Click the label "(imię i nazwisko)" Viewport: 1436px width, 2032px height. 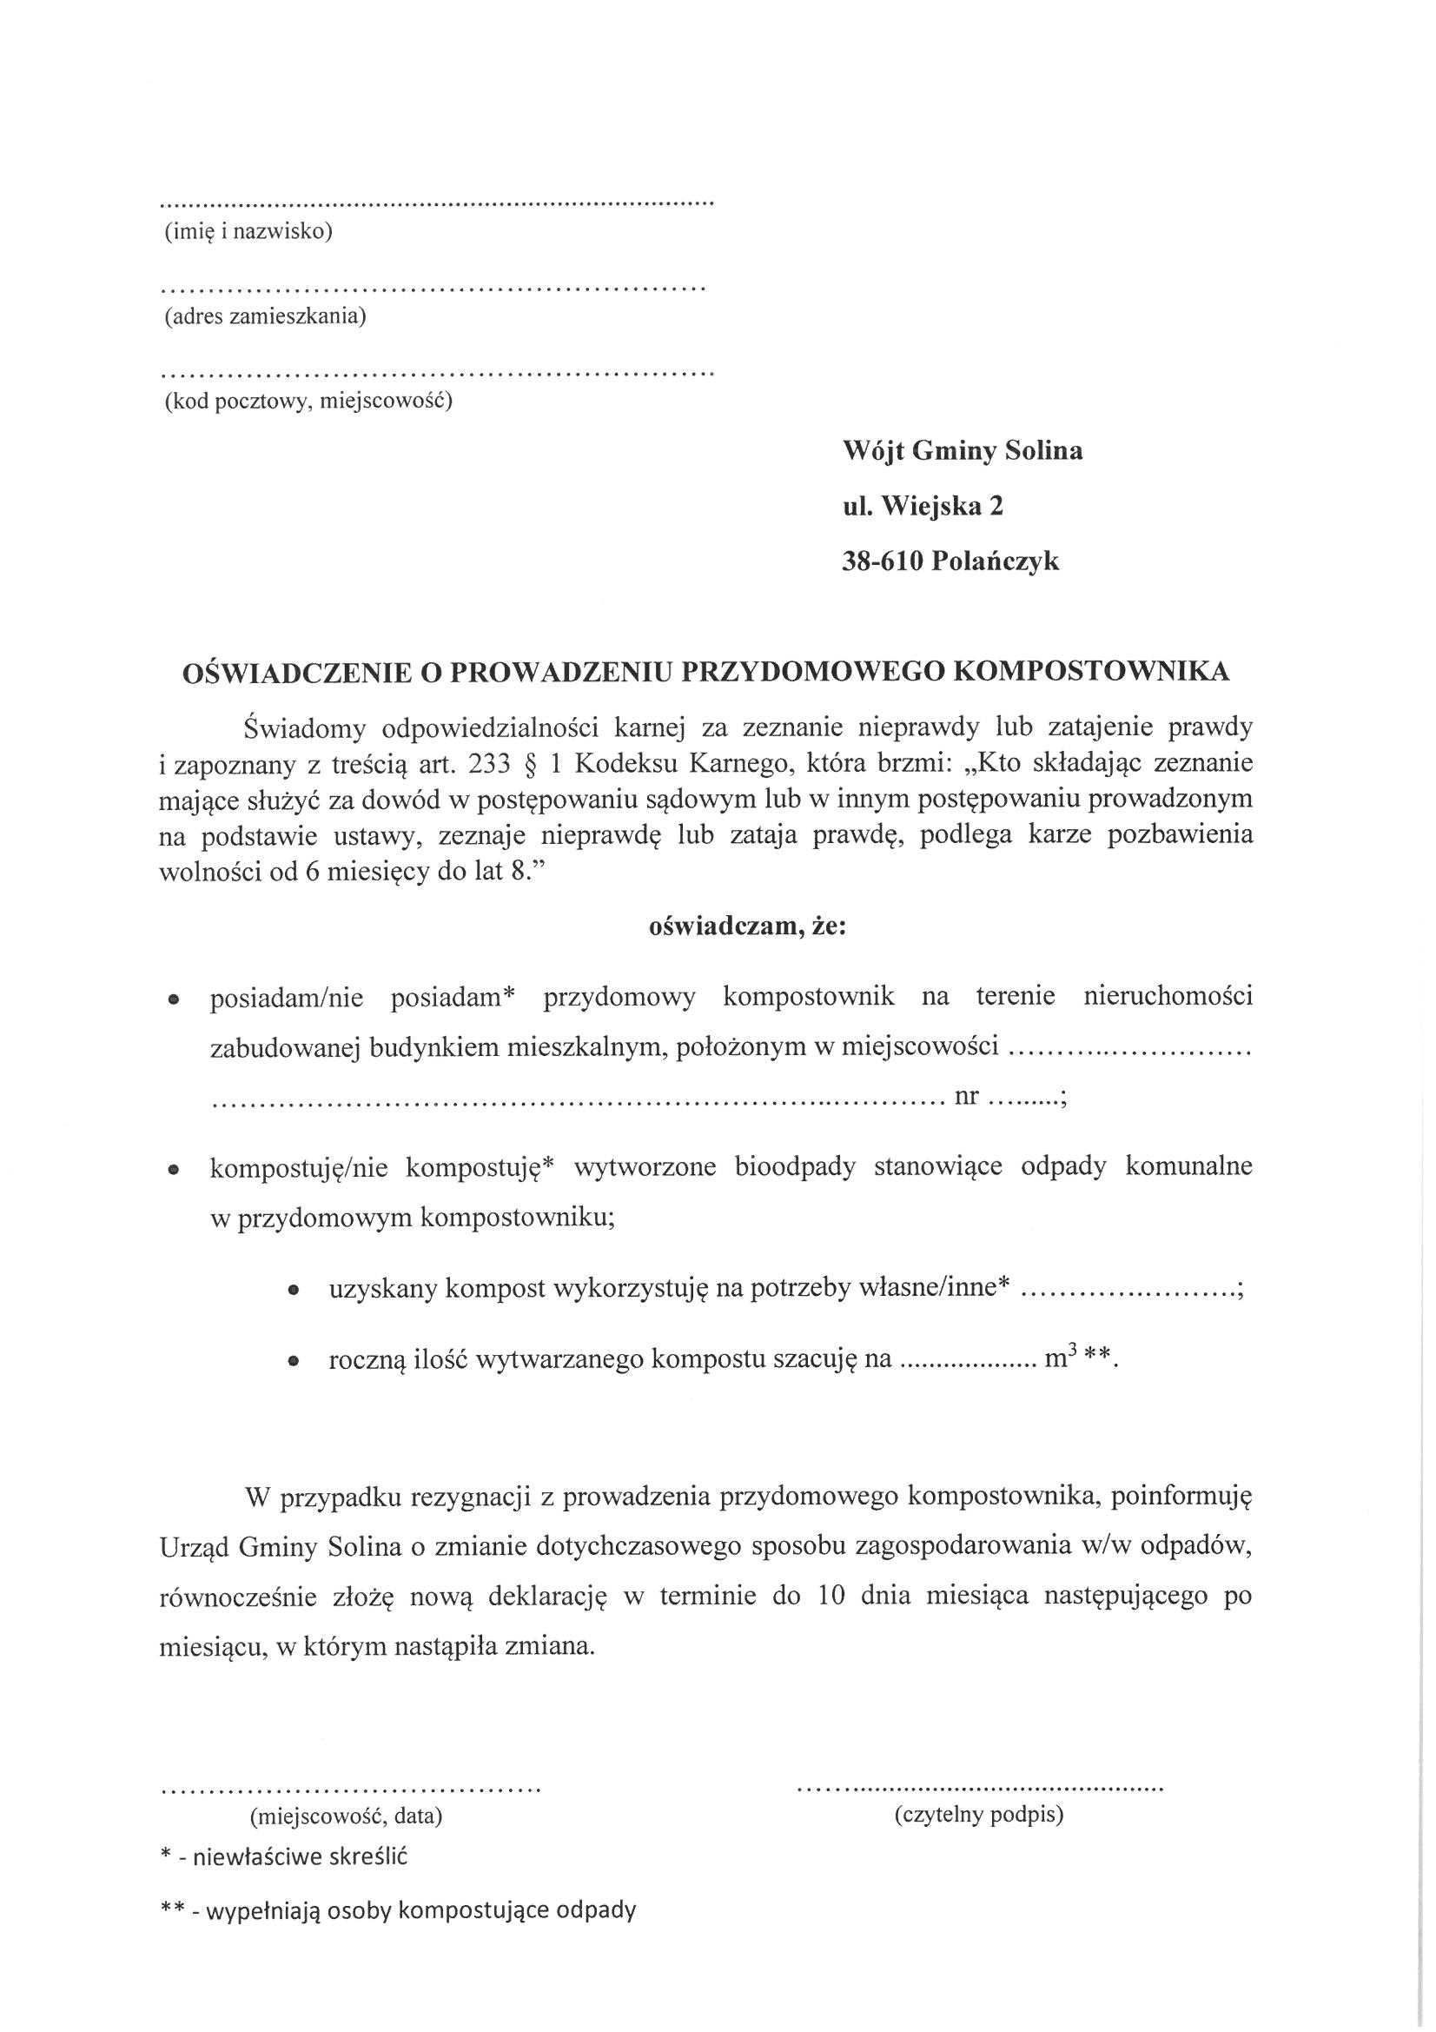point(248,232)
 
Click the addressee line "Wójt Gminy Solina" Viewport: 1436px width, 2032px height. point(963,451)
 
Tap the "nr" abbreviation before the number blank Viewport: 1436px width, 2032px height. point(966,1098)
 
